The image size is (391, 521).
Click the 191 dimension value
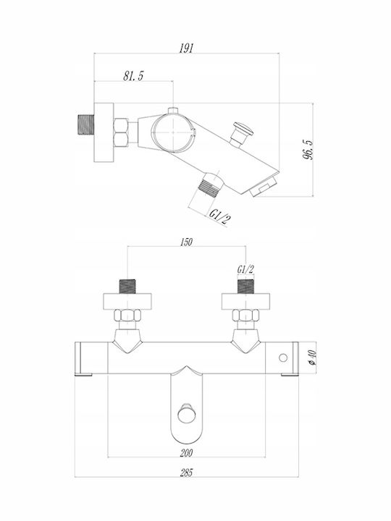pos(186,48)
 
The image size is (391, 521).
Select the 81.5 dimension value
pos(133,76)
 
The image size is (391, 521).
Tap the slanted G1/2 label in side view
pos(220,218)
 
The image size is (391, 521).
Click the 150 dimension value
pos(186,242)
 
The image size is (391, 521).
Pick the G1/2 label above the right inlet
pos(245,269)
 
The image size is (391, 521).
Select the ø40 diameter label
pos(313,357)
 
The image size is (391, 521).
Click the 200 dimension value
pos(186,452)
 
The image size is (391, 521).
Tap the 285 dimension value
pos(186,473)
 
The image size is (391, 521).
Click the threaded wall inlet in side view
pos(85,125)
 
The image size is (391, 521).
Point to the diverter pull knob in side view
pos(242,133)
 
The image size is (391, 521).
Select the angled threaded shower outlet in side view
pos(210,185)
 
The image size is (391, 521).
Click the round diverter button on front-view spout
pos(186,413)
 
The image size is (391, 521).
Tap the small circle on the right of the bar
pos(283,357)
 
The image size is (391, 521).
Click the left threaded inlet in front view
pos(127,286)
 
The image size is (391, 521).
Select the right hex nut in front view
pos(245,315)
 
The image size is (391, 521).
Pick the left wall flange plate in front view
pos(127,301)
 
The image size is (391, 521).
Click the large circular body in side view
pos(173,132)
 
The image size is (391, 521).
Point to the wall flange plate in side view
pos(104,132)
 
